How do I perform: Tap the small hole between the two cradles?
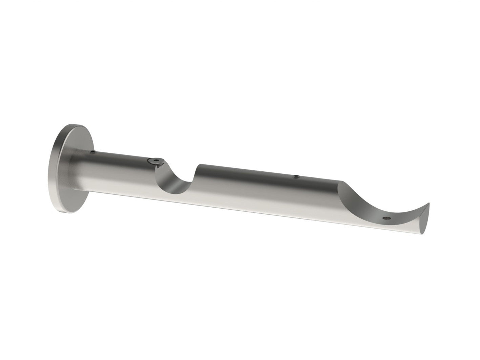click(296, 176)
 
